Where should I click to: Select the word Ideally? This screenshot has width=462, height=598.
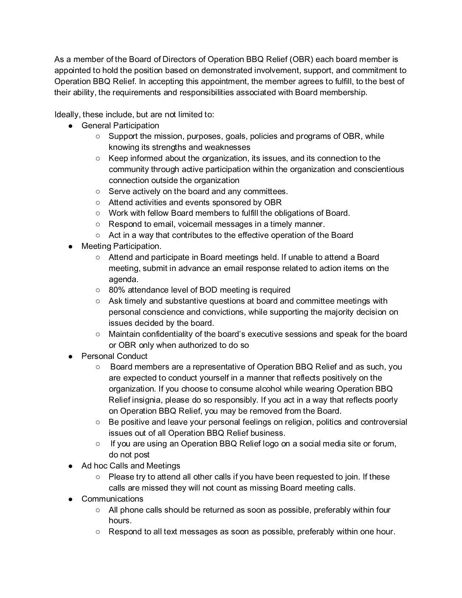[67, 115]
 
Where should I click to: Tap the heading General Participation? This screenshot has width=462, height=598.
[120, 126]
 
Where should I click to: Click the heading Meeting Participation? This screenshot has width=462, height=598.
[121, 246]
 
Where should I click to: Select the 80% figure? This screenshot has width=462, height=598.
[117, 290]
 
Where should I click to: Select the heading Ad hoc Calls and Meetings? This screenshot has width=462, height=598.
[131, 466]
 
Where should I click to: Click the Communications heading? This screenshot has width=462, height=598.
[113, 499]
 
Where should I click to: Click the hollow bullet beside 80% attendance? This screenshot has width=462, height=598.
[98, 291]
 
